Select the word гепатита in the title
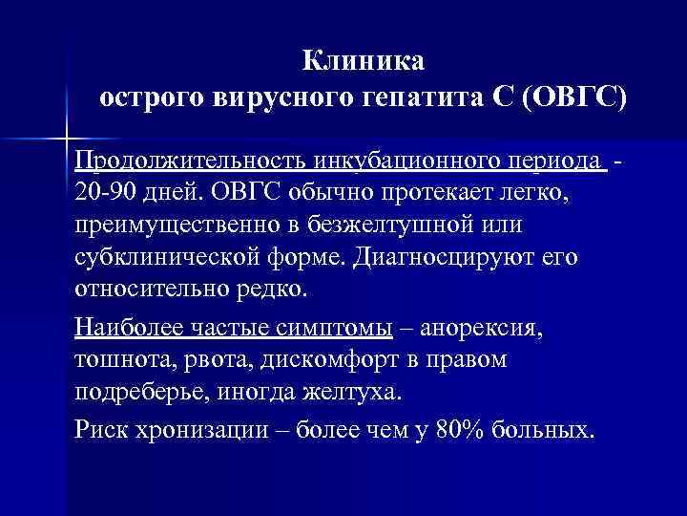tap(417, 97)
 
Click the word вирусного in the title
tap(286, 97)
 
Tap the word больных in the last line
tap(544, 430)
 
